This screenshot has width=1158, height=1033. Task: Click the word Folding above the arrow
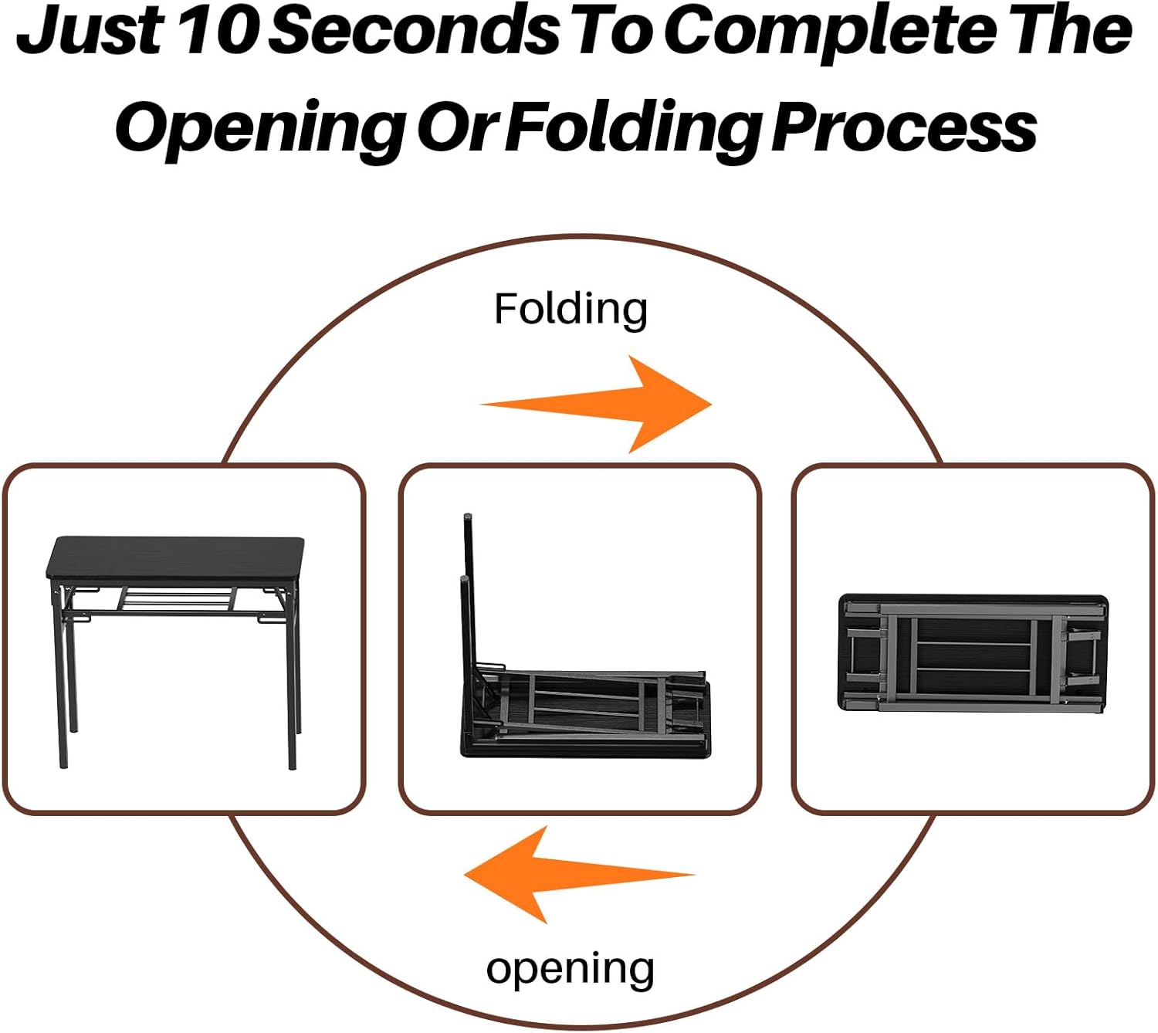571,310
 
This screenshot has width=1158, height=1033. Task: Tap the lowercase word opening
571,969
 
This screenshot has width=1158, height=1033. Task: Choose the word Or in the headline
459,127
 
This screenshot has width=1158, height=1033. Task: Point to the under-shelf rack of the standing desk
178,598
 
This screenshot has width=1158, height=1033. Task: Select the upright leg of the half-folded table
468,587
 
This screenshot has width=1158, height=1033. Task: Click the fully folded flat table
973,653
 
